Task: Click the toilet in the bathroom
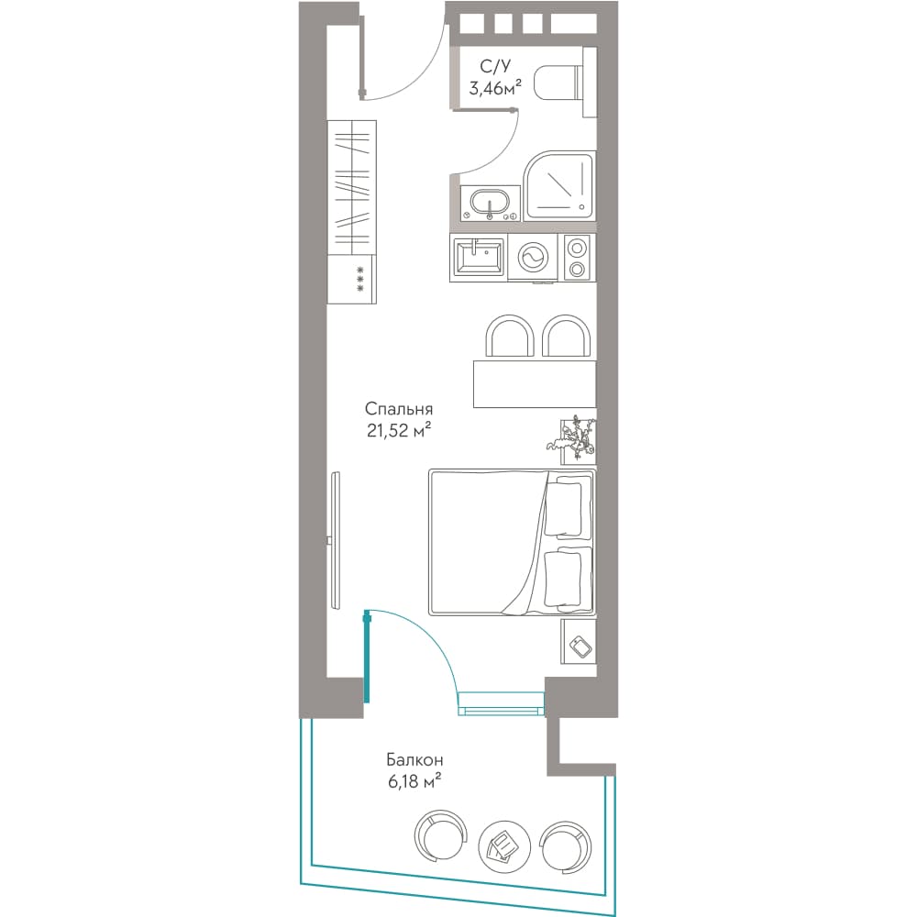click(564, 82)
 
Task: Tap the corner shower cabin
click(559, 185)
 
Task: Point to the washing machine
click(533, 258)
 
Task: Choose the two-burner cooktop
click(577, 258)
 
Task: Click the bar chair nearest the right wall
click(566, 336)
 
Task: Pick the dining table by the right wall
click(535, 383)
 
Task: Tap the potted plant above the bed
click(574, 439)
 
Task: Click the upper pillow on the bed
click(566, 506)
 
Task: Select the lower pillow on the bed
click(566, 580)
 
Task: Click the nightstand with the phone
click(579, 641)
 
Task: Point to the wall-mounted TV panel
click(334, 540)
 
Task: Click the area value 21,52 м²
click(400, 430)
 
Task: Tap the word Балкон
click(414, 759)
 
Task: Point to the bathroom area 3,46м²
click(495, 88)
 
